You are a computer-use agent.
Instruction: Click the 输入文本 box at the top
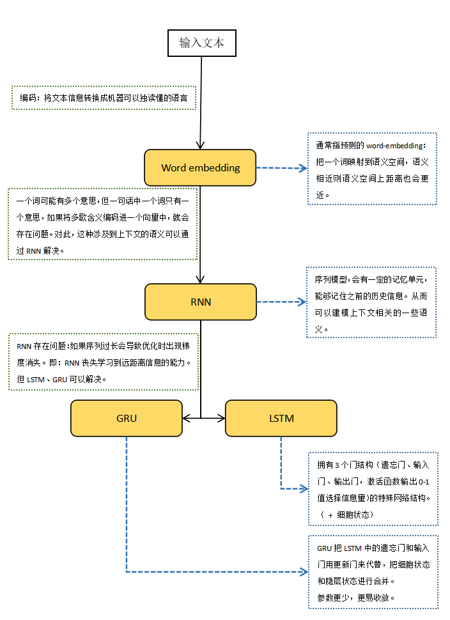pos(202,43)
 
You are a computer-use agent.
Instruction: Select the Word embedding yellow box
pos(200,168)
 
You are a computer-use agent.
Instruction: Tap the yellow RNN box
pos(200,302)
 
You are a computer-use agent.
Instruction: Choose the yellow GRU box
pos(127,419)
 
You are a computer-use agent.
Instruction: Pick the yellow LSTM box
pos(281,419)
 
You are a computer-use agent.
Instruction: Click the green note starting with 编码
pos(104,98)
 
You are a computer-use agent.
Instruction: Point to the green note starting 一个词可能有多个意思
pos(102,224)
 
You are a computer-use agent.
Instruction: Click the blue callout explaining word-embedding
pos(373,168)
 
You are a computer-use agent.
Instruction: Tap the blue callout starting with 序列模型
pos(373,304)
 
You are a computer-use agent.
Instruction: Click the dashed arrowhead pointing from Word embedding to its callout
pos(303,169)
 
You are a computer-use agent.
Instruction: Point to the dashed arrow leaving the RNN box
pos(281,302)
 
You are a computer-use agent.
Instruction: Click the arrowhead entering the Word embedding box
pos(201,145)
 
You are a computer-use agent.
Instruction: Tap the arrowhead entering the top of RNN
pos(201,279)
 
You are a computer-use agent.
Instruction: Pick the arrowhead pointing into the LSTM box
pos(221,419)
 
